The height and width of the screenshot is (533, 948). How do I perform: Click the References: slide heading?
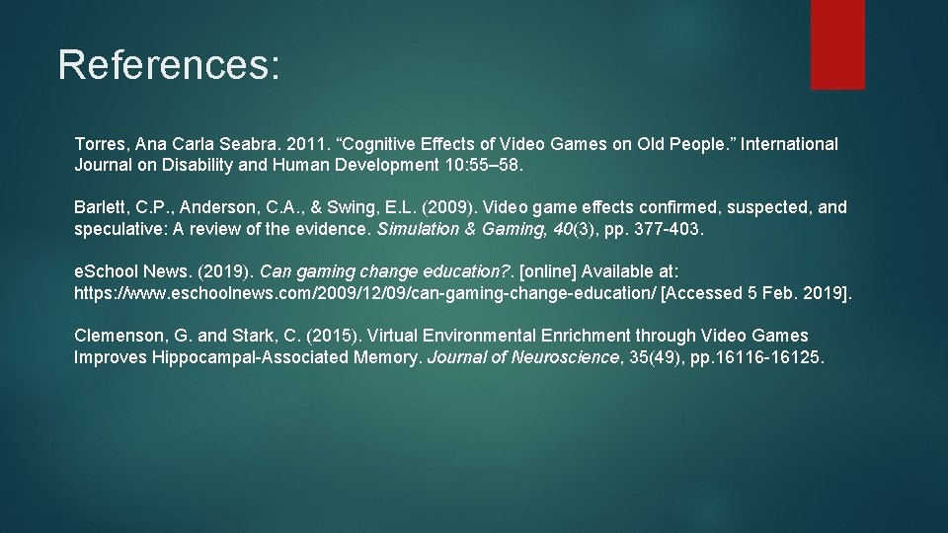[x=169, y=64]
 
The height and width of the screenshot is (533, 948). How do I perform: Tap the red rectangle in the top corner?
[x=837, y=44]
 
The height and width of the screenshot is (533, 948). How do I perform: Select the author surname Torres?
[x=100, y=144]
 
